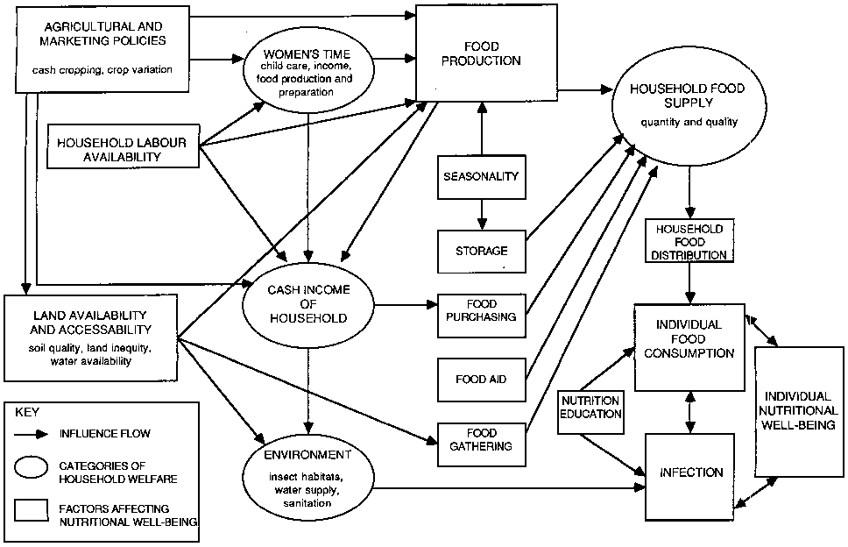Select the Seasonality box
(x=481, y=177)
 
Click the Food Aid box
(x=481, y=380)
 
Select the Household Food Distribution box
(x=689, y=241)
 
